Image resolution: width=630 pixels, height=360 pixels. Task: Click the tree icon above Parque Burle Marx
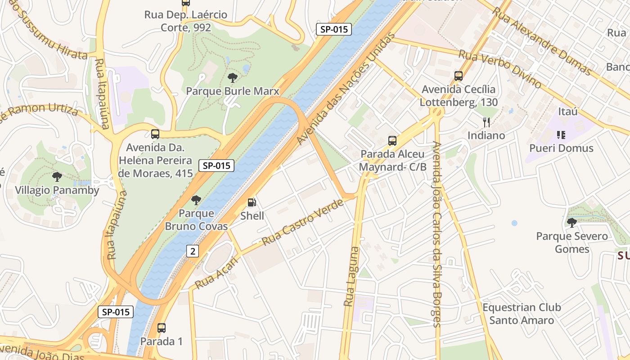[x=233, y=78]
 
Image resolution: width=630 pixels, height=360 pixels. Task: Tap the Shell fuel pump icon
[x=252, y=203]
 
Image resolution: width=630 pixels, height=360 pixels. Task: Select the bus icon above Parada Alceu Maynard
[x=392, y=141]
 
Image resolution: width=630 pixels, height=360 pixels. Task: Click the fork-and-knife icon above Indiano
[x=486, y=122]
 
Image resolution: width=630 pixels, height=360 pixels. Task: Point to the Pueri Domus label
[x=561, y=148]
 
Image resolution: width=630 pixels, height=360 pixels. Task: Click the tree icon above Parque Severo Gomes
[x=571, y=222]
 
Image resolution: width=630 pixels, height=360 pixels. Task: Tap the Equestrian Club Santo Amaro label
[x=522, y=314]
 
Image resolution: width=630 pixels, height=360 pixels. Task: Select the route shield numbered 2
[x=193, y=251]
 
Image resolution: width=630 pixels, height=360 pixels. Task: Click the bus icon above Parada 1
[x=162, y=328]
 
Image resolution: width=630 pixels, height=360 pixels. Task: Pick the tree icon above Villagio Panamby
[x=57, y=177]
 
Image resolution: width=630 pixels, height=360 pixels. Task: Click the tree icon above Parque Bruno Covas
[x=196, y=200]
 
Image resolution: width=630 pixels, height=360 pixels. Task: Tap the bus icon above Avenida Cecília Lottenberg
[x=459, y=76]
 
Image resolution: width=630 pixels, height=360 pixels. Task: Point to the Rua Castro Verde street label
[x=302, y=222]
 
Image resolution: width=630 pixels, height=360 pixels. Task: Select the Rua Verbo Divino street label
[x=499, y=69]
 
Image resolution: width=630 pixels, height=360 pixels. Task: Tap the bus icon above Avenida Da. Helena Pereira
[x=155, y=134]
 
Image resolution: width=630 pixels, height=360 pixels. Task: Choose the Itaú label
[x=567, y=111]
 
